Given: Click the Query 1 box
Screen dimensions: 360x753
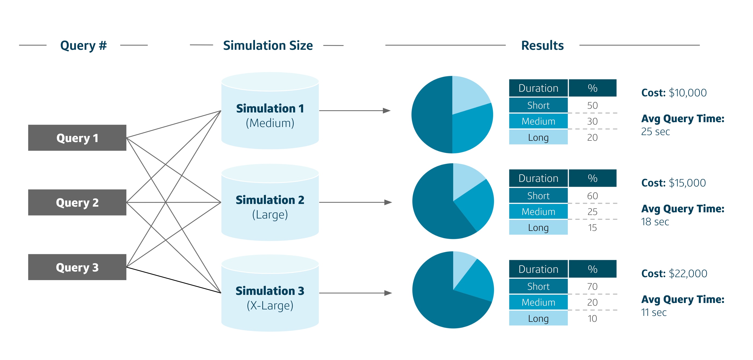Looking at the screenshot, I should click(77, 138).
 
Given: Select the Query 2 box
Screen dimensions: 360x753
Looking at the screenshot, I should click(77, 202).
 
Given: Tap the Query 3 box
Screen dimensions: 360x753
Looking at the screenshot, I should click(77, 267).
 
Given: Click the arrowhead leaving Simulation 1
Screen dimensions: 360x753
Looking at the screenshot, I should click(387, 111).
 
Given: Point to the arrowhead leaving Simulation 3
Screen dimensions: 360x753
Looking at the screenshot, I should click(388, 293).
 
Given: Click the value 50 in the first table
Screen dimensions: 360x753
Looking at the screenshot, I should click(592, 105).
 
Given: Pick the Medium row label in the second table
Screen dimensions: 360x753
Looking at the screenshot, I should click(538, 211).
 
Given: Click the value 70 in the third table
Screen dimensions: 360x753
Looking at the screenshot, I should click(592, 286).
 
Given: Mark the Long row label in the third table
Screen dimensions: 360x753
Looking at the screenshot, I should click(538, 318).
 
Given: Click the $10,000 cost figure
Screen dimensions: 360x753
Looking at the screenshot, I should click(688, 93).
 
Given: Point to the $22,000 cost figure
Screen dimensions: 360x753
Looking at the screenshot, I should click(688, 273).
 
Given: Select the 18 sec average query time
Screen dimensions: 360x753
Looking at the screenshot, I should click(655, 222).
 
